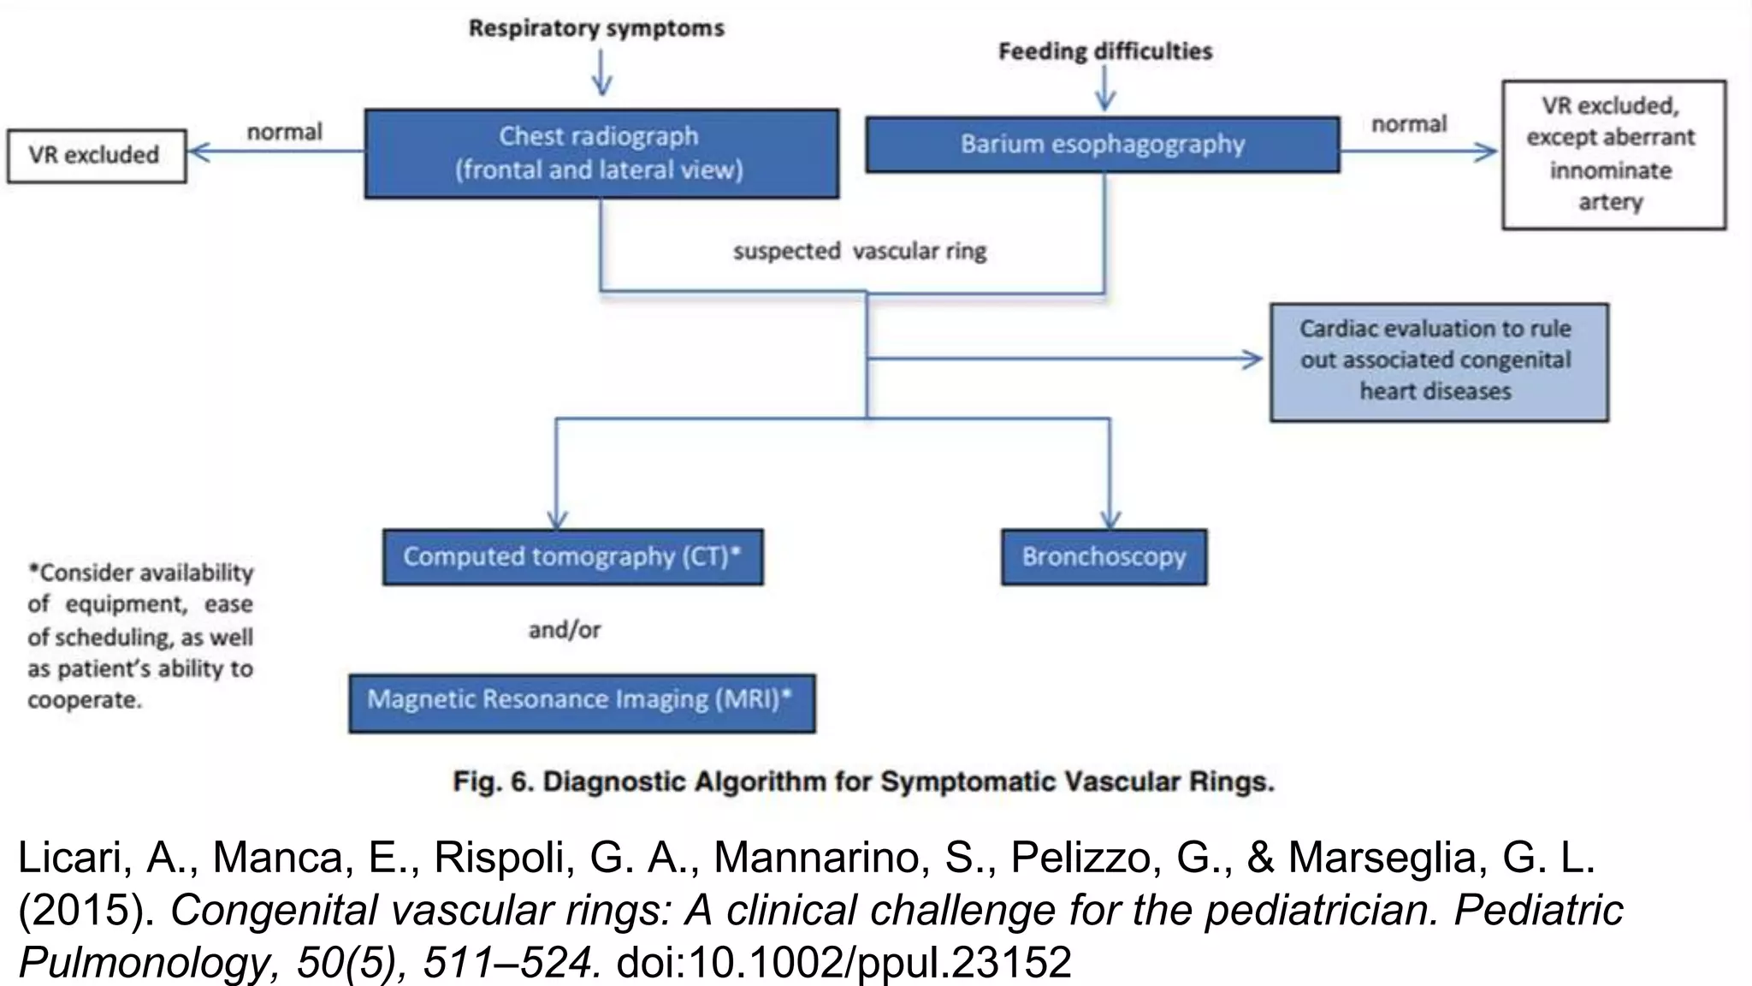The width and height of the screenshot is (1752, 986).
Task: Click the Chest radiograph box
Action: click(601, 153)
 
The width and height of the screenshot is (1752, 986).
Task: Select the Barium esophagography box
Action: click(1102, 144)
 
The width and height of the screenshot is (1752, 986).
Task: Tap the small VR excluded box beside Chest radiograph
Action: click(96, 155)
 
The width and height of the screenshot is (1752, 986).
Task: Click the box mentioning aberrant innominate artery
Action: click(1613, 154)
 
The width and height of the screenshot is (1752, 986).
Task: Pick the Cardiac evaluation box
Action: click(1437, 360)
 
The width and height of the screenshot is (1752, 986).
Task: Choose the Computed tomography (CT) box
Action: click(572, 556)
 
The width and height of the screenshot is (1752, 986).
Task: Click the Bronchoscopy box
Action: click(1104, 556)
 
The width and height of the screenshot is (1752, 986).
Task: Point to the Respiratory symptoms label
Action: click(596, 28)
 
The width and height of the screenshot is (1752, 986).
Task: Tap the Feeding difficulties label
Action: click(1105, 51)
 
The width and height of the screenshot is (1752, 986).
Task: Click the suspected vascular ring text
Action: click(859, 252)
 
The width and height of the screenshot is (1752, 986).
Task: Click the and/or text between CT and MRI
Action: click(565, 630)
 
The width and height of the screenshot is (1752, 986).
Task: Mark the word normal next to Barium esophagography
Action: click(1408, 124)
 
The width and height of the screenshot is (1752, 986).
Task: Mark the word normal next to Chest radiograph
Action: click(284, 132)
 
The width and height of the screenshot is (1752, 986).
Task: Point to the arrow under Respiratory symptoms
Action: click(601, 74)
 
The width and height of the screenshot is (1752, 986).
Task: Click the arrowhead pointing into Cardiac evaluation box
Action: click(1255, 359)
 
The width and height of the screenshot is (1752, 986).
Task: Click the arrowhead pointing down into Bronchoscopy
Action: click(1110, 520)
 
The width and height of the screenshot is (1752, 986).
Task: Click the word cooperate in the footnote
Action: click(84, 700)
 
